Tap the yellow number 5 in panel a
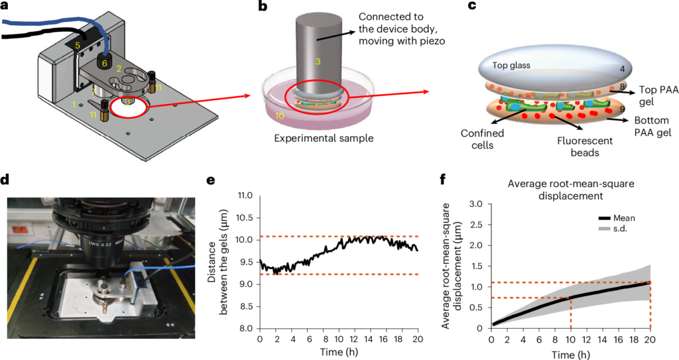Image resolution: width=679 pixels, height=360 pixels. tap(77, 44)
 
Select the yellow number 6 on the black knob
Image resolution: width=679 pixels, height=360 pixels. tap(104, 63)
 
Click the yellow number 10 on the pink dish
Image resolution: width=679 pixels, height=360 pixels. tap(279, 115)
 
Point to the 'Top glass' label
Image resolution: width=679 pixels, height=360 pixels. tap(511, 66)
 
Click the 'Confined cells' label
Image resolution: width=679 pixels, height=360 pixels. tap(483, 139)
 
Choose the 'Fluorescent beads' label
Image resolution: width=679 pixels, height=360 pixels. tap(585, 147)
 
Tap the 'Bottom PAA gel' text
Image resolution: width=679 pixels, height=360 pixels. tap(652, 127)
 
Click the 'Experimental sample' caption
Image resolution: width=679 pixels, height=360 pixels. tap(324, 139)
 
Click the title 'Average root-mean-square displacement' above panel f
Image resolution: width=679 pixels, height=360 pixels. tap(570, 190)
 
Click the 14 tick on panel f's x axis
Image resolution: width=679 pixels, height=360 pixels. tap(603, 338)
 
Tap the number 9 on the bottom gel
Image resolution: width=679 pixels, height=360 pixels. tap(622, 109)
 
